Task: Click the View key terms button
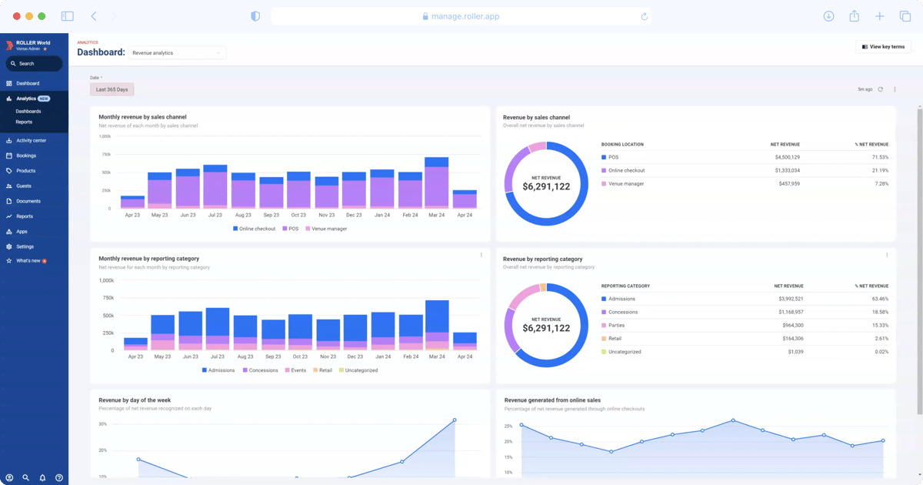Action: pos(883,47)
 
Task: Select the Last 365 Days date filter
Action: pos(112,89)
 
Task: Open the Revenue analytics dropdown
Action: pos(177,53)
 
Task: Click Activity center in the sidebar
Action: pos(31,140)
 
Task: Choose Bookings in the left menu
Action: pos(26,156)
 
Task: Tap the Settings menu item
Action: pos(25,246)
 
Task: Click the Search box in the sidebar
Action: pos(34,64)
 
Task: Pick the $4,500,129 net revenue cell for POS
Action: pos(785,157)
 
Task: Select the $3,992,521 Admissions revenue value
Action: pos(788,299)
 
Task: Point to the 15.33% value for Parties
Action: pos(878,325)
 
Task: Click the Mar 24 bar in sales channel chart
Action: pos(436,183)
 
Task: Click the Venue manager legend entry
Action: pos(329,229)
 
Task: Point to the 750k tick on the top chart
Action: pos(105,154)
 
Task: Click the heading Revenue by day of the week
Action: pos(135,400)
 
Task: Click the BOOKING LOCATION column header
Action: pos(622,144)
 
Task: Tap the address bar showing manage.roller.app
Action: pos(461,16)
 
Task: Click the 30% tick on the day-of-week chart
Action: pos(102,424)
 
